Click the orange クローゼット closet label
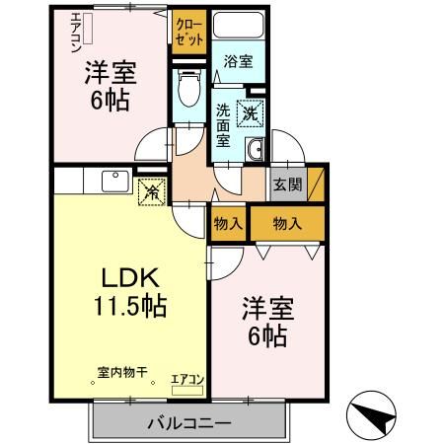188,33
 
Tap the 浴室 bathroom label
239,61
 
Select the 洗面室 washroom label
224,123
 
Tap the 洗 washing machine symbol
251,111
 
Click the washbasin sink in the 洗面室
255,149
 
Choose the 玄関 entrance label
288,184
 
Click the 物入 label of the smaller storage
229,224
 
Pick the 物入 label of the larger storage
287,224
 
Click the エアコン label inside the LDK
187,378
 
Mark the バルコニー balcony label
189,422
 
